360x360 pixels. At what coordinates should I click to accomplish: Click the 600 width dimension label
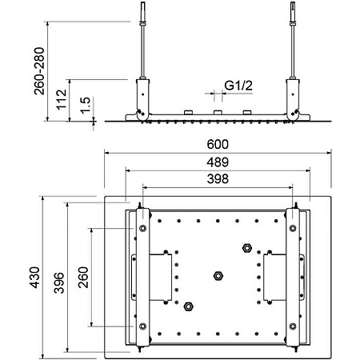click(x=218, y=144)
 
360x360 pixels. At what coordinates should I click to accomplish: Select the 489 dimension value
click(x=218, y=162)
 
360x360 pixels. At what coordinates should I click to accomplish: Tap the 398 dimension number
click(x=218, y=178)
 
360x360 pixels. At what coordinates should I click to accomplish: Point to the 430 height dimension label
click(x=34, y=278)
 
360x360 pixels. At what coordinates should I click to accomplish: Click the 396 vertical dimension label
click(x=59, y=282)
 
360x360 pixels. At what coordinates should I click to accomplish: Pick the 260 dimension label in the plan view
click(x=83, y=278)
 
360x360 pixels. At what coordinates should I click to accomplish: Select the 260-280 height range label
click(x=39, y=71)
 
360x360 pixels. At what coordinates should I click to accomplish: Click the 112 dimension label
click(x=62, y=99)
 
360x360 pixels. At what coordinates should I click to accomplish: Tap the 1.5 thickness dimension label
click(x=86, y=106)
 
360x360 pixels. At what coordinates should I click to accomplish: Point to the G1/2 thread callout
click(x=238, y=86)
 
